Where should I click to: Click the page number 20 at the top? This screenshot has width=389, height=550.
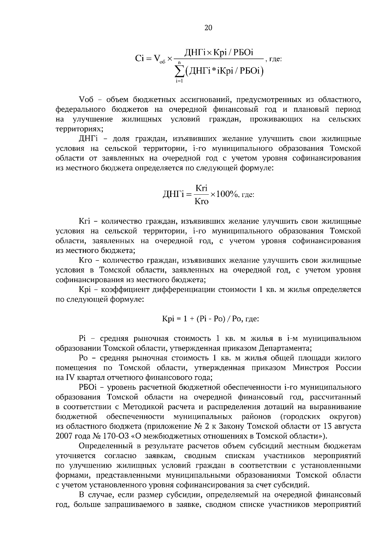[x=208, y=28]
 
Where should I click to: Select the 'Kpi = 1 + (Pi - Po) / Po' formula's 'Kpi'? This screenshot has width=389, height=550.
[x=168, y=319]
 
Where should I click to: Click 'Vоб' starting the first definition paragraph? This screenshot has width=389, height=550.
[x=86, y=99]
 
